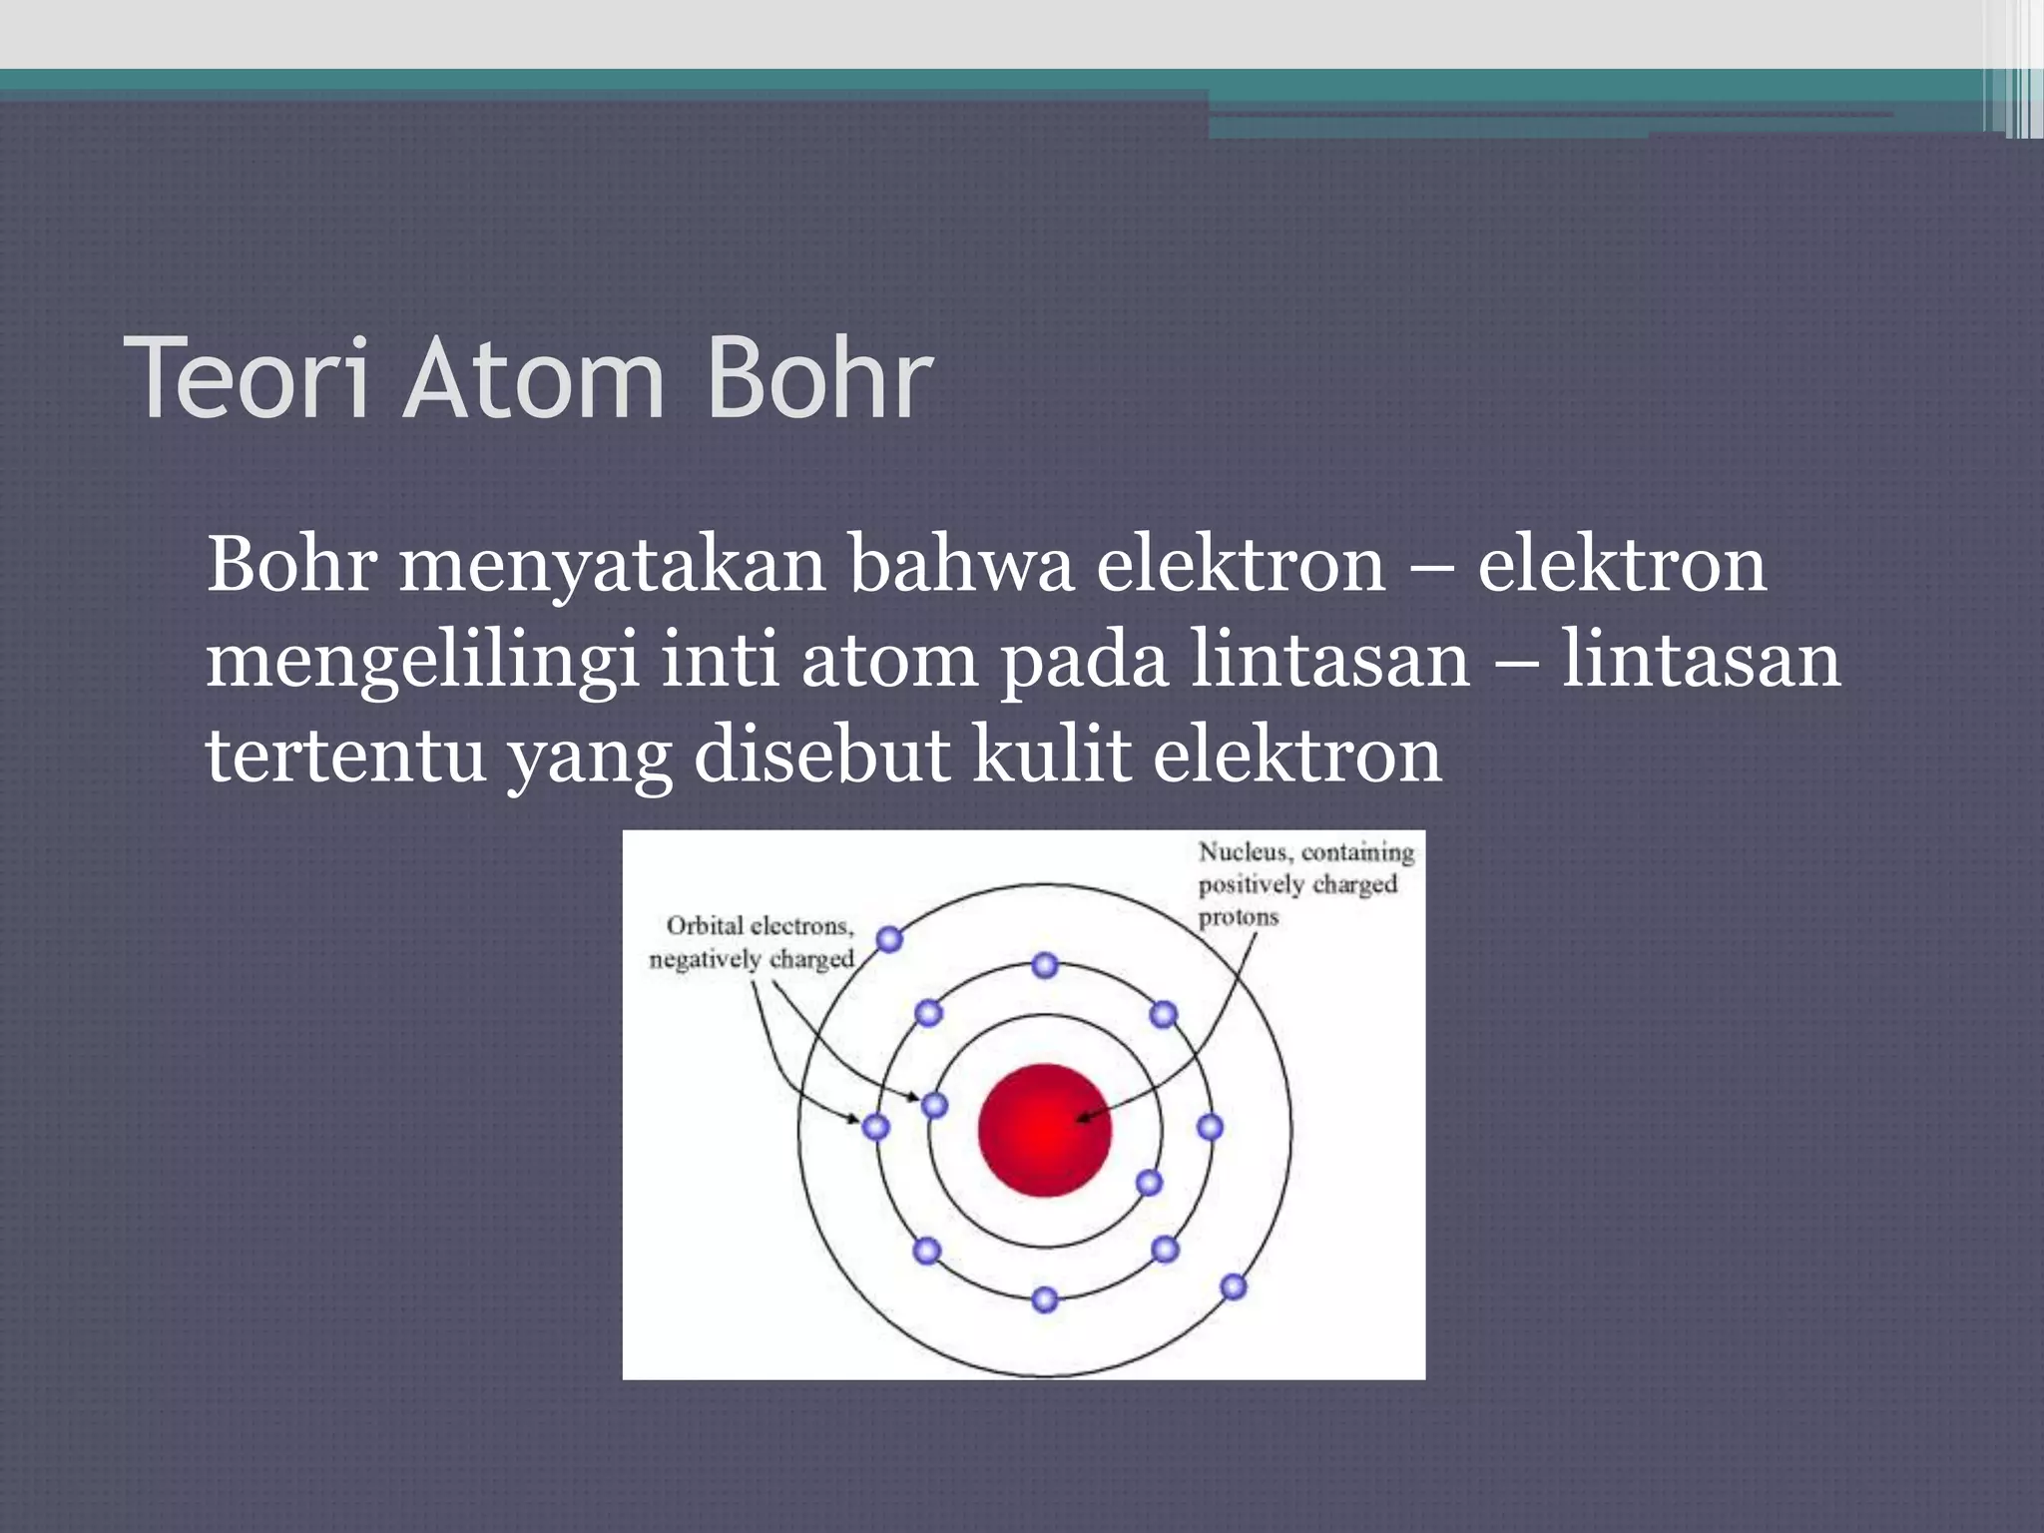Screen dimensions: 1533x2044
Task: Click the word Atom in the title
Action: (x=534, y=378)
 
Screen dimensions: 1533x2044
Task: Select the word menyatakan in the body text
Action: (x=612, y=566)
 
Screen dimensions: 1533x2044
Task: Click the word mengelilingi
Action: (x=422, y=663)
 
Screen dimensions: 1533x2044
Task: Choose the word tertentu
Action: (x=344, y=756)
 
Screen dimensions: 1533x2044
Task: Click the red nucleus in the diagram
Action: (x=1044, y=1130)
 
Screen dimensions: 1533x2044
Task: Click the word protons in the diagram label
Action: (x=1238, y=917)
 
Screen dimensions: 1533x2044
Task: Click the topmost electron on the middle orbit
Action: (x=1045, y=965)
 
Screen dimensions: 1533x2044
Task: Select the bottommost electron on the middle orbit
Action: (x=1045, y=1299)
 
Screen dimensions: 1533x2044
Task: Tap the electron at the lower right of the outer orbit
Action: (x=1234, y=1286)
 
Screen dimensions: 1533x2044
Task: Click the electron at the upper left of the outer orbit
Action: (x=889, y=939)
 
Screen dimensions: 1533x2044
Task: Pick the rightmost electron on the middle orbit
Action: (x=1210, y=1128)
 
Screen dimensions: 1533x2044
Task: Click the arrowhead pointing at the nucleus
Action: (x=1082, y=1118)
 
